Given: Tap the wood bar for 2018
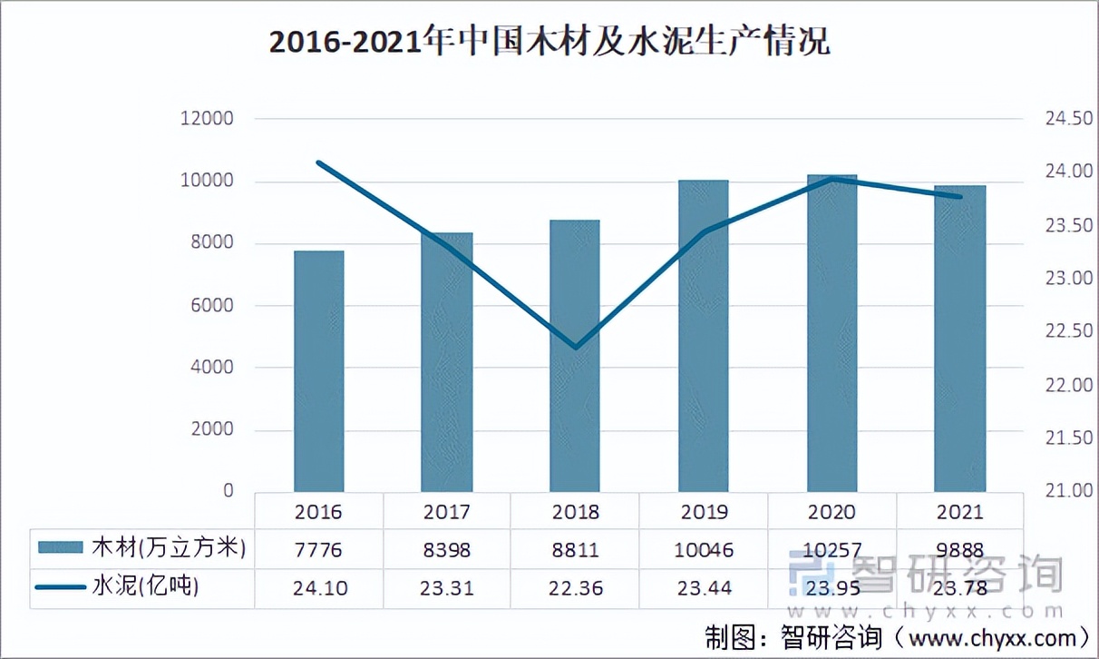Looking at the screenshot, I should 575,356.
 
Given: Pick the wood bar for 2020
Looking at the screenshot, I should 832,333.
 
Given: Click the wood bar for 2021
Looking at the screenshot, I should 960,339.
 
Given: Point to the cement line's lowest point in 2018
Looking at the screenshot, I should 575,348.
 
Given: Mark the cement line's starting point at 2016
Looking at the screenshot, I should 318,162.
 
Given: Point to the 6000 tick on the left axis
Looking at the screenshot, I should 211,305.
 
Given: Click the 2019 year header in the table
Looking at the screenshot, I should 704,512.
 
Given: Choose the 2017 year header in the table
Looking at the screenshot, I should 447,512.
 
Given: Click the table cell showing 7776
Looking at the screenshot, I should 318,549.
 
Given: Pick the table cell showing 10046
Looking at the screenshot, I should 704,549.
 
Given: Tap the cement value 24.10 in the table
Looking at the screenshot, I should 318,587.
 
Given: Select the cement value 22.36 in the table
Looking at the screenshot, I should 575,587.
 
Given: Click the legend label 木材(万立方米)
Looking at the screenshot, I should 169,548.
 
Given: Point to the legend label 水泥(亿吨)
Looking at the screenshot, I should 145,587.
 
